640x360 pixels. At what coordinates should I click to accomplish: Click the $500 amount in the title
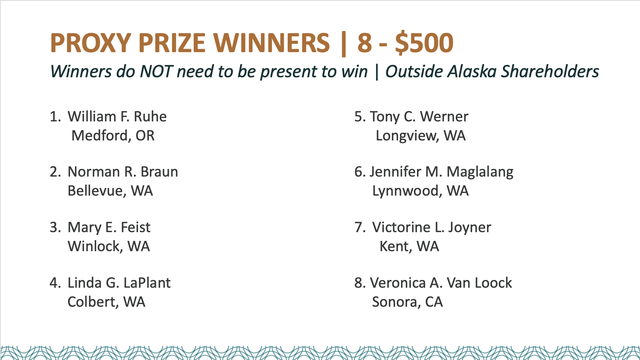[424, 43]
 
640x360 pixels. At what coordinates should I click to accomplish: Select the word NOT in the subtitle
[156, 71]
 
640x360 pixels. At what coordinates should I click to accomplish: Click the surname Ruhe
[150, 116]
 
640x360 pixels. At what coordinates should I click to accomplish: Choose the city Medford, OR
[113, 135]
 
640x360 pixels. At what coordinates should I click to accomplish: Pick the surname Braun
[159, 172]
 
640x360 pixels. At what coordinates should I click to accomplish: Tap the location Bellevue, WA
[110, 191]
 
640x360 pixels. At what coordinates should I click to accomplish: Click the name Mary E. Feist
[109, 228]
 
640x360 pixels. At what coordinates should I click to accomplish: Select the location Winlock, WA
[108, 246]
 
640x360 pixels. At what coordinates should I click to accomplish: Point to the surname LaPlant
[147, 283]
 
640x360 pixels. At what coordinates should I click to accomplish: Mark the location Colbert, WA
[106, 302]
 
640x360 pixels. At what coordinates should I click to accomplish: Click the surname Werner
[444, 116]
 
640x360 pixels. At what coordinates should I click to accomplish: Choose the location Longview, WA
[420, 136]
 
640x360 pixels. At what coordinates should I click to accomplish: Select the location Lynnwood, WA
[420, 191]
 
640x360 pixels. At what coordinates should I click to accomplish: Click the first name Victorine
[401, 228]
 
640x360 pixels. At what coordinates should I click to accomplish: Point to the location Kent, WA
[409, 246]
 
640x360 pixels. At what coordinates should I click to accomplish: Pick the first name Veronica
[398, 283]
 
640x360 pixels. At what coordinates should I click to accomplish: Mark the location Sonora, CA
[408, 302]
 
